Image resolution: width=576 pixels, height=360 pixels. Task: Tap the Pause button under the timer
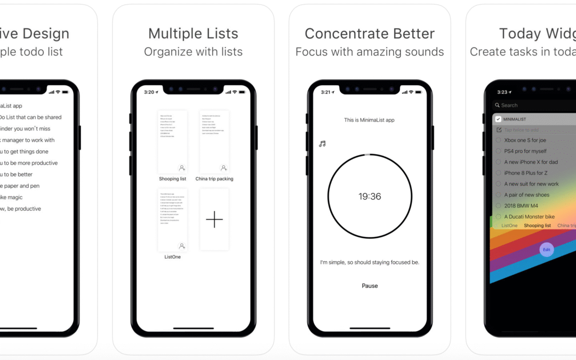370,286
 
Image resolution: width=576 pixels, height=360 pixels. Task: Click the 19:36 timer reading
370,197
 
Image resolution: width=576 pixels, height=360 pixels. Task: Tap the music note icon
322,144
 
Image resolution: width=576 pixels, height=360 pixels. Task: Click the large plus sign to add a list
214,219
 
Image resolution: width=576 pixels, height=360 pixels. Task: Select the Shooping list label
172,179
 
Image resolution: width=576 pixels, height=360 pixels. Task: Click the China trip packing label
214,179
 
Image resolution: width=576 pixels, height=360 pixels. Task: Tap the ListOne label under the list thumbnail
172,257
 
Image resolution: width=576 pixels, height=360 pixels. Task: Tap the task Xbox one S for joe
525,140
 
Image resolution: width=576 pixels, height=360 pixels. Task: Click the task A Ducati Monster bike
529,217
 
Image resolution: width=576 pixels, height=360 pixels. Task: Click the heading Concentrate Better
370,34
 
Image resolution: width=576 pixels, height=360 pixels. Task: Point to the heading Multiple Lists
193,34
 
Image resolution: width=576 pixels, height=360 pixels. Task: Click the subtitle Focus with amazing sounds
370,52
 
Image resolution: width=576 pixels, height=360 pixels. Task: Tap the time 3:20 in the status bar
149,92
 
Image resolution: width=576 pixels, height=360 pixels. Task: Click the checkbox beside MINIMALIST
498,119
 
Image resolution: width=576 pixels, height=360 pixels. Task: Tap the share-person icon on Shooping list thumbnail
182,168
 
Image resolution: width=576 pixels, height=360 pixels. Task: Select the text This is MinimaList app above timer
369,120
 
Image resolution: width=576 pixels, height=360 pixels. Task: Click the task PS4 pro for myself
525,151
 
